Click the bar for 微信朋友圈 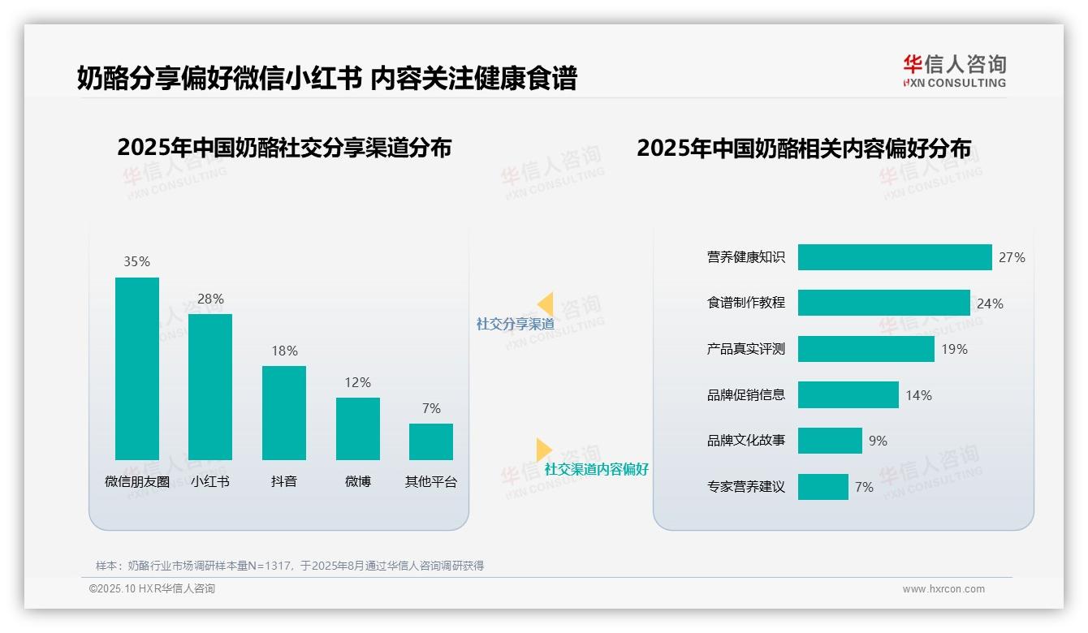[137, 368]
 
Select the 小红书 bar [210, 387]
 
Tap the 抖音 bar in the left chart [284, 413]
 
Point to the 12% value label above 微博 [357, 382]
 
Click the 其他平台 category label [431, 481]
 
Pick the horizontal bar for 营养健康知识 [895, 257]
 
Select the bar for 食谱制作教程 [883, 303]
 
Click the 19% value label [954, 349]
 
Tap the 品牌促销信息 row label [745, 395]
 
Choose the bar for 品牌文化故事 [830, 441]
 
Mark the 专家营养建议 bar [822, 487]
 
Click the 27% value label [1012, 257]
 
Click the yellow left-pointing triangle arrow [545, 304]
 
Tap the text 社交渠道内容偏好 [597, 469]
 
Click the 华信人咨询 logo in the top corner [954, 71]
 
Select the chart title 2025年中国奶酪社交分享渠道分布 [284, 148]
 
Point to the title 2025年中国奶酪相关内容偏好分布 [804, 148]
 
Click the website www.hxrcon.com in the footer [943, 589]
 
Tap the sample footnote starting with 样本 [290, 566]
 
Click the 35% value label [136, 261]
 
